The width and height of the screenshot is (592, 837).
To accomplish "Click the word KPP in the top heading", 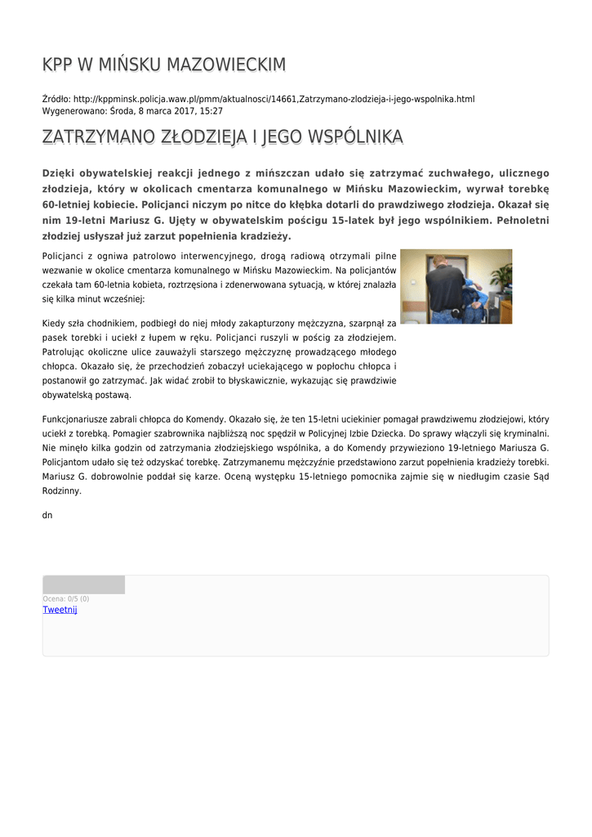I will (58, 65).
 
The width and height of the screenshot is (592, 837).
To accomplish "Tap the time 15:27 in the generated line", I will (211, 110).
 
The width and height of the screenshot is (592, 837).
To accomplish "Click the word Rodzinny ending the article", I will (61, 491).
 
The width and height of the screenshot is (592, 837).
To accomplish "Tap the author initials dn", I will (47, 516).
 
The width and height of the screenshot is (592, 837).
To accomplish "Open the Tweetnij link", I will (60, 610).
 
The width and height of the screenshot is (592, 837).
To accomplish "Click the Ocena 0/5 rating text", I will (65, 599).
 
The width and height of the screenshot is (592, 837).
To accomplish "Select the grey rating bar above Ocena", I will (83, 584).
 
